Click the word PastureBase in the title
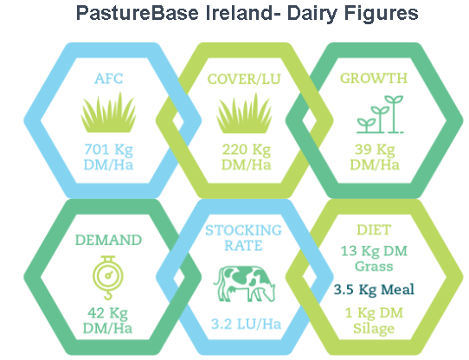coord(138,13)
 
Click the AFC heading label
coord(108,79)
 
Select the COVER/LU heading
coord(244,79)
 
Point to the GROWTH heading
coord(374,78)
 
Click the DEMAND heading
coord(108,240)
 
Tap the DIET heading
coord(374,230)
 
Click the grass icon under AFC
coord(108,112)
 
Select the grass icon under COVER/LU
coord(244,112)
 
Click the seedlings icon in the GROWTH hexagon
coord(380,114)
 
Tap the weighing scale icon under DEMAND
coord(108,278)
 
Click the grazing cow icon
coord(244,284)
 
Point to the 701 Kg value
coord(108,150)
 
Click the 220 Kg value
coord(247,150)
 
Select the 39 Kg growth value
coord(375,150)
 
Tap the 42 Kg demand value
coord(107,313)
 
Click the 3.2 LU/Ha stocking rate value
coord(246,325)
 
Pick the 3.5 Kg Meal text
coord(374,289)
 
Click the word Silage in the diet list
coord(374,328)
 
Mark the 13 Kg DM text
coord(374,251)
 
